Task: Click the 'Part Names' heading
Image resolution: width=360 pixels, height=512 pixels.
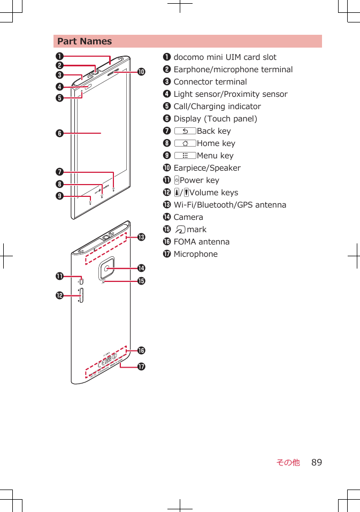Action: [x=85, y=41]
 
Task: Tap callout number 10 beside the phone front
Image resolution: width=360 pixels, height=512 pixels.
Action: [x=141, y=72]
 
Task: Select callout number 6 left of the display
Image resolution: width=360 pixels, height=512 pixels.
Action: [x=56, y=133]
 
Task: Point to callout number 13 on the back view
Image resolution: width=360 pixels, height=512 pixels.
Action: [x=141, y=236]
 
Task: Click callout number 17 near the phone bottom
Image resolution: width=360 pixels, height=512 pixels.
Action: [x=141, y=366]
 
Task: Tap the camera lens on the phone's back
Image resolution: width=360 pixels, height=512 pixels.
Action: [x=109, y=266]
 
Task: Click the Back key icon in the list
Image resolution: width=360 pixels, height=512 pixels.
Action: [x=185, y=131]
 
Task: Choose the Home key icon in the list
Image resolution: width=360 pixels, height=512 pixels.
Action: [x=185, y=143]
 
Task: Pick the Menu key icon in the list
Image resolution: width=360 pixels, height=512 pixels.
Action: [x=185, y=156]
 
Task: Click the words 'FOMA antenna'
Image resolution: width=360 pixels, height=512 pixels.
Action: [x=201, y=242]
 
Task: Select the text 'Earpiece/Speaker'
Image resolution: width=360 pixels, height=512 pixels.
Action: [x=207, y=168]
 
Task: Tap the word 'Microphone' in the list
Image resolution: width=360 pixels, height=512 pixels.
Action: [x=195, y=254]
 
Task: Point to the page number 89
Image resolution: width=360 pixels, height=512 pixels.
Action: [x=317, y=462]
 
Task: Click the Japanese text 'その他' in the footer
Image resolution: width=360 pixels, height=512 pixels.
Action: [x=288, y=462]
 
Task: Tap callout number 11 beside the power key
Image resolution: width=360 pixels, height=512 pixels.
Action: [x=56, y=276]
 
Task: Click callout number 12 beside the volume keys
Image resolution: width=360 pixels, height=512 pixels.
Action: [x=56, y=295]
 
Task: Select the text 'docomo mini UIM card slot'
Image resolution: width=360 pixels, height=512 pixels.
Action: [x=225, y=57]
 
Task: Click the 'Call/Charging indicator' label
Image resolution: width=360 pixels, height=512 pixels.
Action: [x=217, y=106]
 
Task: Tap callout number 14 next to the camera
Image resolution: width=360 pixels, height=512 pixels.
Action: [x=141, y=268]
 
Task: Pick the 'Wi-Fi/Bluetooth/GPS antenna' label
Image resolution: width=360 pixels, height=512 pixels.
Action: [x=229, y=205]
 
